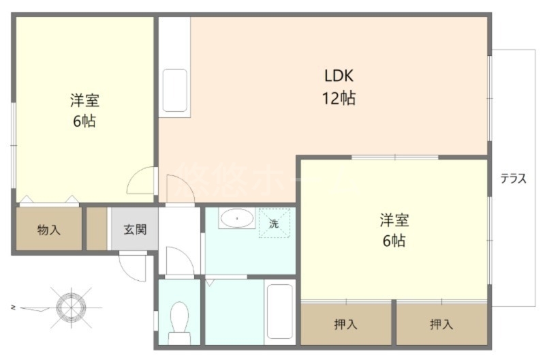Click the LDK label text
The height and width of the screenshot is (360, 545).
coord(339,76)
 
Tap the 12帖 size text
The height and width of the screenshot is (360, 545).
coord(339,98)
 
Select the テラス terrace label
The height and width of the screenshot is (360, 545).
coord(513,179)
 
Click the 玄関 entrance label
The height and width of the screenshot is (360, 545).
coord(134,229)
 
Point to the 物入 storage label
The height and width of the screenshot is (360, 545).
coord(48,230)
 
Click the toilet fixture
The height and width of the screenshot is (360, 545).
coord(180,319)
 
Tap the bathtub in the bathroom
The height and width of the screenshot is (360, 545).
coord(279,312)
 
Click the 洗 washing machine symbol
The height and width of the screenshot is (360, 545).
coord(274,223)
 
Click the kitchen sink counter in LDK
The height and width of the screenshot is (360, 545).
coord(175,90)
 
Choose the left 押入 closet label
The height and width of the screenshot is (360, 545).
coord(345,325)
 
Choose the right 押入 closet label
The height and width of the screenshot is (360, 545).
coord(441,325)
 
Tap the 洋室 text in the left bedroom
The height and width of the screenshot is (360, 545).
coord(84,101)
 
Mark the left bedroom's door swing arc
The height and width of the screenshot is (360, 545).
coord(140,181)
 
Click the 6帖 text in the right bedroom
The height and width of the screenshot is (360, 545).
coord(394,241)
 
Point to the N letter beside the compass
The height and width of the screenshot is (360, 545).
coord(14,307)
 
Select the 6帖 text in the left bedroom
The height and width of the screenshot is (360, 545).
coord(84,122)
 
